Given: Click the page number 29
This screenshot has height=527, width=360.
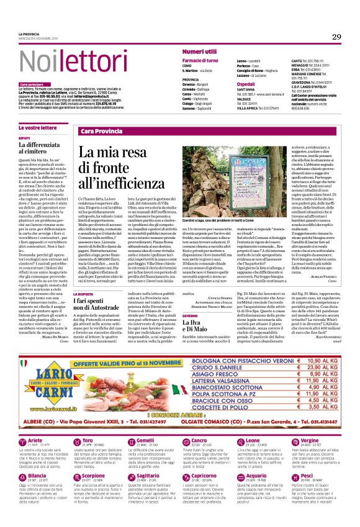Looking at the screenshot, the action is pyautogui.click(x=336, y=37).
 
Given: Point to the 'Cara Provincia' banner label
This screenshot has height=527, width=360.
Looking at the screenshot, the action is pyautogui.click(x=101, y=132).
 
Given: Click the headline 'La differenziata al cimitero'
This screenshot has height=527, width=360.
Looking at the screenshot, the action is pyautogui.click(x=41, y=147).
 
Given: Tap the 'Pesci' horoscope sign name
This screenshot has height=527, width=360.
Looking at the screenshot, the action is pyautogui.click(x=308, y=476).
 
